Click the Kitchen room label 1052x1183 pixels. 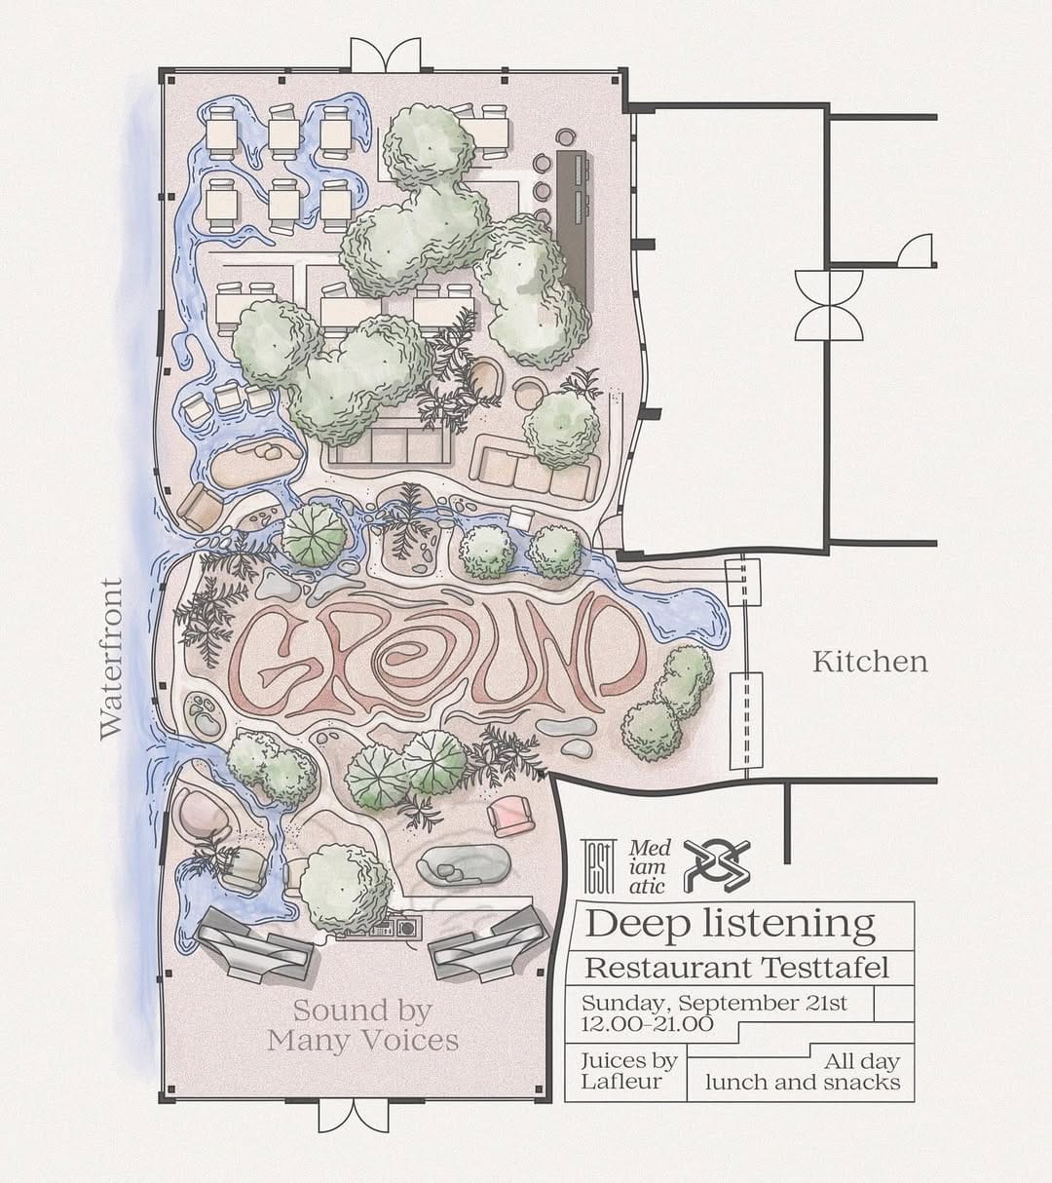[870, 663]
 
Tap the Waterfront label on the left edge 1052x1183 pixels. [111, 659]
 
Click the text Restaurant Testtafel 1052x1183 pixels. [736, 969]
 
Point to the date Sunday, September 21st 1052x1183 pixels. [714, 1003]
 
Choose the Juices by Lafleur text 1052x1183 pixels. [628, 1070]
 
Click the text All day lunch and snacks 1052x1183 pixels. [803, 1072]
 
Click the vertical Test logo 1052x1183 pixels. [598, 866]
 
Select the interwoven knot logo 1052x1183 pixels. [716, 866]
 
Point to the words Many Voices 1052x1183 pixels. [362, 1041]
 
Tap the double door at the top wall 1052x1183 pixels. [386, 56]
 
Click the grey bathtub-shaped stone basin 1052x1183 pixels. [464, 868]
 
